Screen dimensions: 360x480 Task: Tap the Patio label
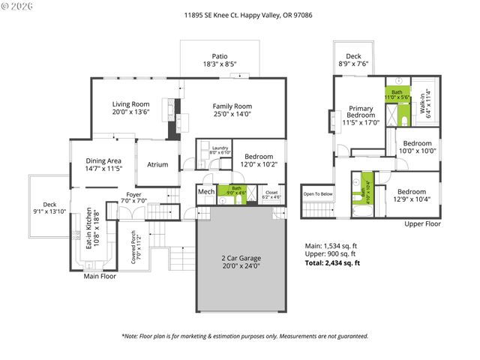pyautogui.click(x=219, y=55)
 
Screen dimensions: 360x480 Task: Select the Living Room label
pyautogui.click(x=130, y=104)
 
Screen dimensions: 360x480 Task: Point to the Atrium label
pyautogui.click(x=157, y=165)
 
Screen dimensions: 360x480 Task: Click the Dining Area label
pyautogui.click(x=103, y=160)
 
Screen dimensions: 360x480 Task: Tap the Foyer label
pyautogui.click(x=134, y=194)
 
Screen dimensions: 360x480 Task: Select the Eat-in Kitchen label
pyautogui.click(x=88, y=228)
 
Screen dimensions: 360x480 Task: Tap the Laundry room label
pyautogui.click(x=220, y=148)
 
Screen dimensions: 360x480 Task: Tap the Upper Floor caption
pyautogui.click(x=422, y=224)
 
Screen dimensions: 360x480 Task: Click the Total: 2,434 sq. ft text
pyautogui.click(x=331, y=263)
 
